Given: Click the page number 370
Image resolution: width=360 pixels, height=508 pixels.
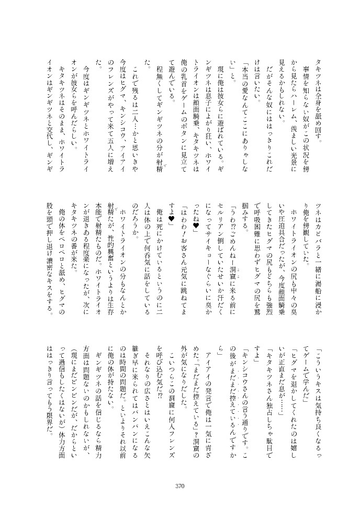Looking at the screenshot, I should (180, 486).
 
